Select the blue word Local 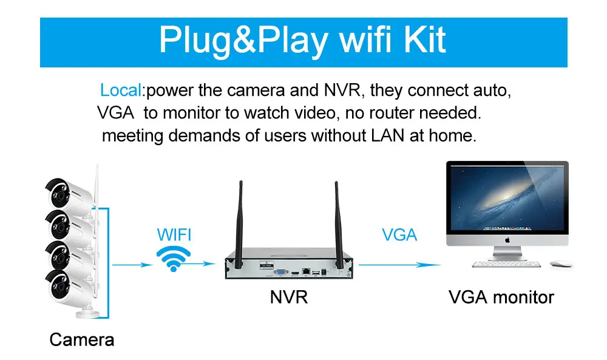pos(121,91)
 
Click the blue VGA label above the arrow pos(399,234)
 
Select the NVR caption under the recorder pos(288,297)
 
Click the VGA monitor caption pos(501,297)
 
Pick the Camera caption pos(81,339)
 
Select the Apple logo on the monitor pos(507,239)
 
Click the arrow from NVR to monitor pos(399,263)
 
